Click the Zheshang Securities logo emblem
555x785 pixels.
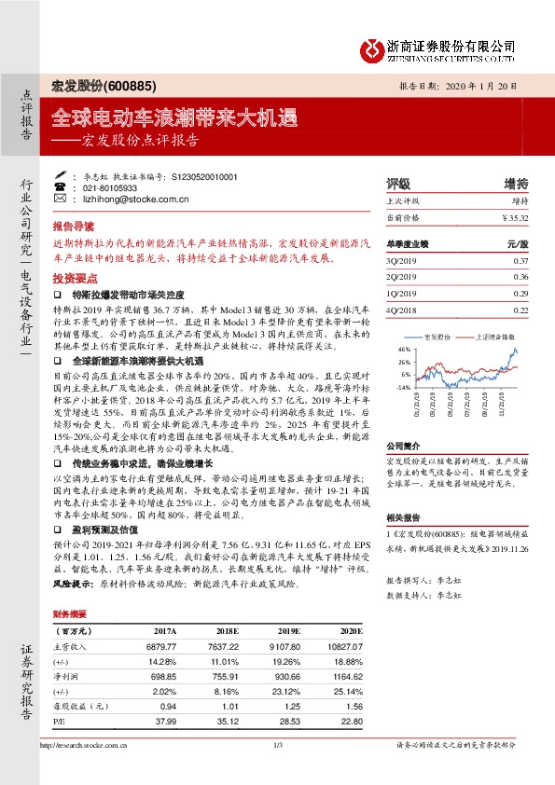[371, 48]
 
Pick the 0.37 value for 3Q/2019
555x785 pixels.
[520, 260]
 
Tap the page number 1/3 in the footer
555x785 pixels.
[277, 744]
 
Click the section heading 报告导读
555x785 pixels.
[73, 227]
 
